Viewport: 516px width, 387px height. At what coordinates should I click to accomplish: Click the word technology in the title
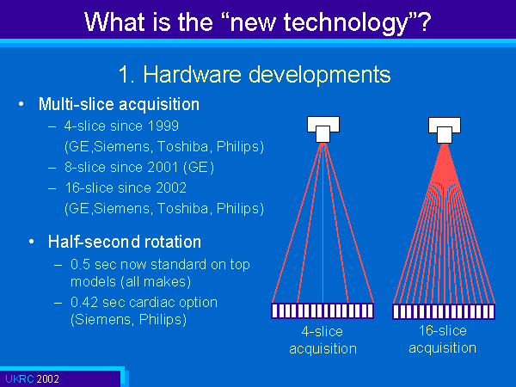(346, 22)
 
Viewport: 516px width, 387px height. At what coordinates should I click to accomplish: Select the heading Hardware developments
(267, 74)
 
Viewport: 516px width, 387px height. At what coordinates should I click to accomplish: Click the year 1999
(163, 126)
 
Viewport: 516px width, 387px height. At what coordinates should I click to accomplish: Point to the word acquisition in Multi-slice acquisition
(159, 104)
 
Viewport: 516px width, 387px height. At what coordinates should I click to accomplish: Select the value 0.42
(84, 303)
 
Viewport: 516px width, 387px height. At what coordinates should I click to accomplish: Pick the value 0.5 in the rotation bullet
(80, 265)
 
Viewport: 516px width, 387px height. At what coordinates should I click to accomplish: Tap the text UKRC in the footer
(20, 379)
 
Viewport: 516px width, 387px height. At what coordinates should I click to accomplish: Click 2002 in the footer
(47, 379)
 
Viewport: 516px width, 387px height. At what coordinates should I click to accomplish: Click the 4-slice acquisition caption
(322, 340)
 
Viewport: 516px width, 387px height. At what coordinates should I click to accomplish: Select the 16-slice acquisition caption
(443, 340)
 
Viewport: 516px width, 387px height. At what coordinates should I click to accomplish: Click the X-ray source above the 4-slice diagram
(323, 129)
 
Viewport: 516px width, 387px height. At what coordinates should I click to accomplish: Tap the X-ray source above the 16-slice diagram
(445, 130)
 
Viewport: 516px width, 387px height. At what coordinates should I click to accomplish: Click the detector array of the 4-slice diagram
(322, 310)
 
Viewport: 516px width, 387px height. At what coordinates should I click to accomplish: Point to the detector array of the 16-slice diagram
(444, 311)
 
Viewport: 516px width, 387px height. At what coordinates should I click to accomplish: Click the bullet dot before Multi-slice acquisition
(21, 104)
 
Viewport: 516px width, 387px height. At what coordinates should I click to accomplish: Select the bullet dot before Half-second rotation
(31, 242)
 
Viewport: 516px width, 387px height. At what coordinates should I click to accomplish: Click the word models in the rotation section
(93, 282)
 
